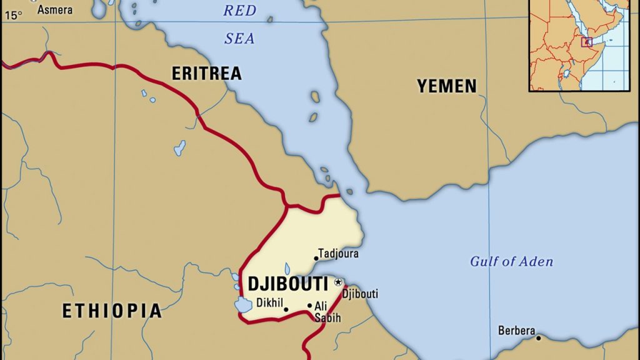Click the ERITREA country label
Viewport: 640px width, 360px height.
click(x=206, y=73)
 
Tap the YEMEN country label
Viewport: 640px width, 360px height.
click(x=447, y=86)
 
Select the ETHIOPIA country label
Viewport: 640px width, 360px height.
click(x=112, y=311)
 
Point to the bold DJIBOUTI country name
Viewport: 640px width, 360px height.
click(x=288, y=284)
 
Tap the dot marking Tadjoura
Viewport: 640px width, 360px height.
click(x=316, y=258)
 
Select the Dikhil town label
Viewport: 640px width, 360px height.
click(x=269, y=303)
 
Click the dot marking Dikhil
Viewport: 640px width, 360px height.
click(x=286, y=309)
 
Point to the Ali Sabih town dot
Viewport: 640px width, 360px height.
click(x=309, y=306)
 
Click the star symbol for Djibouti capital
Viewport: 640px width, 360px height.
click(x=338, y=282)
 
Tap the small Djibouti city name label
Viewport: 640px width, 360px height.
click(x=361, y=294)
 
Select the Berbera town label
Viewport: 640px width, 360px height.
click(x=516, y=331)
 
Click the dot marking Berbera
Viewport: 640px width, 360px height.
click(x=538, y=338)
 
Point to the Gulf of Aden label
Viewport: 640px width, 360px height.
click(x=511, y=262)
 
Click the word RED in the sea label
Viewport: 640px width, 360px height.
click(x=240, y=10)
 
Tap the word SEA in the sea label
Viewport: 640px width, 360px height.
click(x=239, y=38)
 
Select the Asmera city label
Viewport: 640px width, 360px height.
click(x=55, y=9)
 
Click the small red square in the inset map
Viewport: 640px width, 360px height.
click(x=586, y=42)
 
